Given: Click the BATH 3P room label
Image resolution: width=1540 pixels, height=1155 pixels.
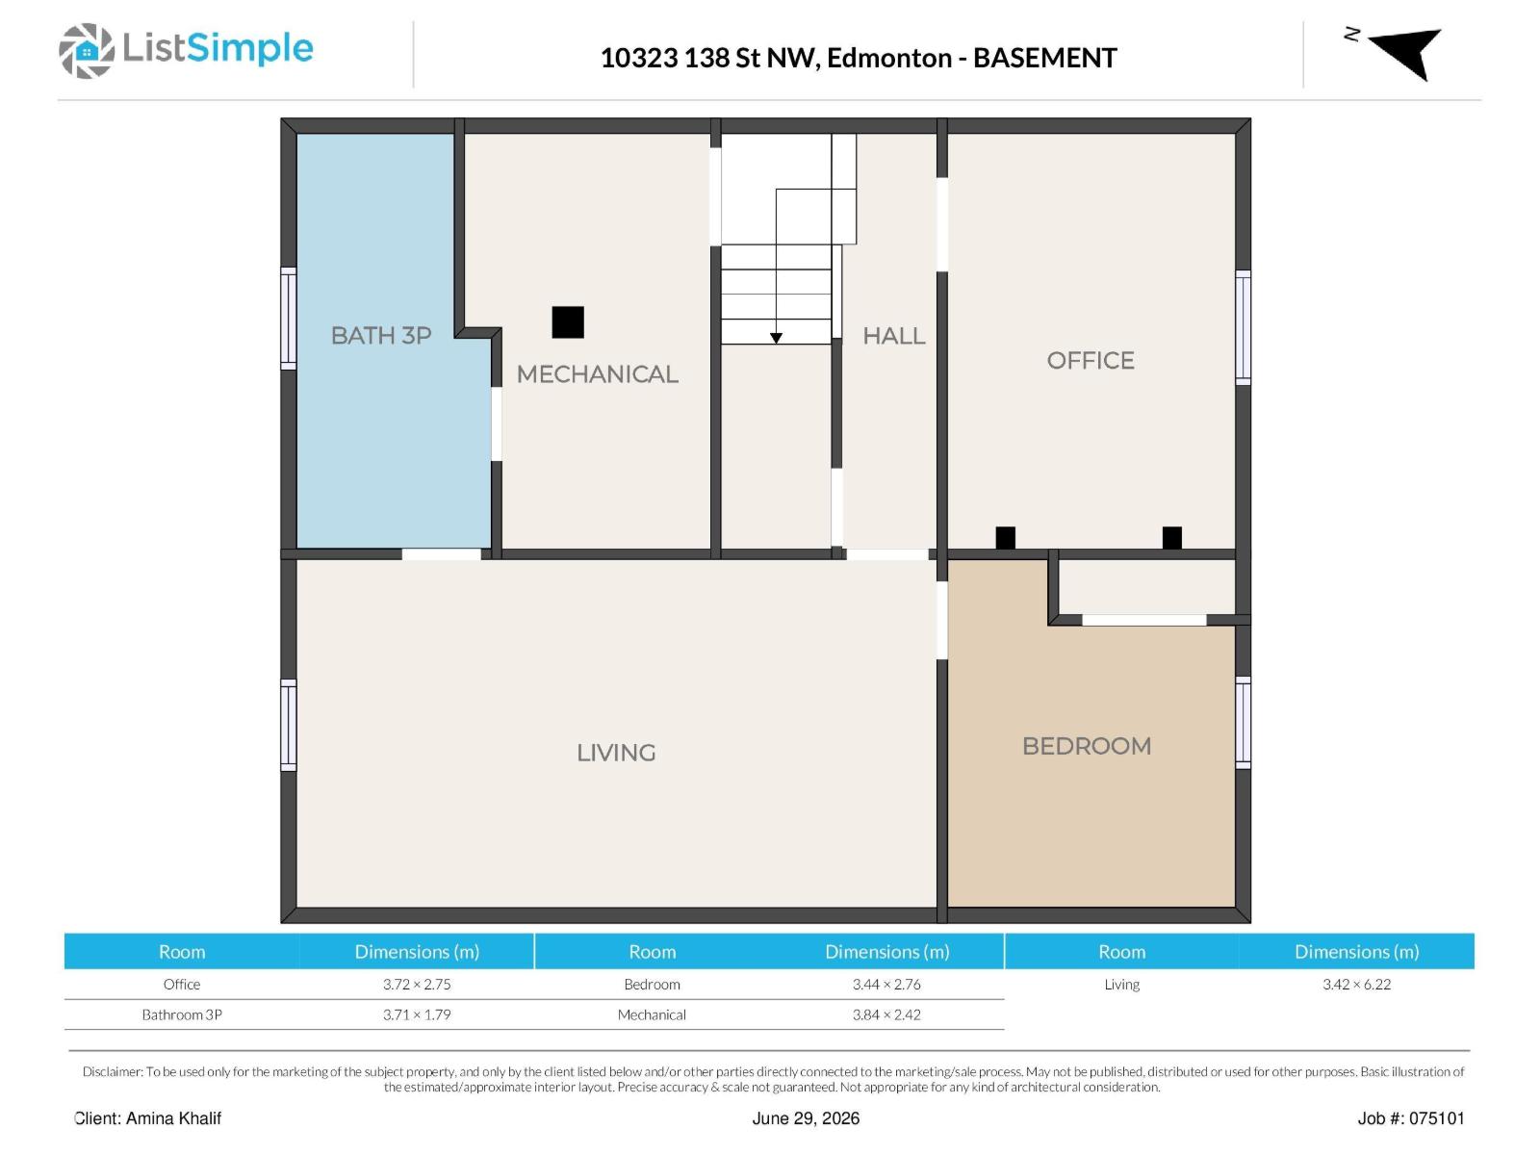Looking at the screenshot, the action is click(x=381, y=335).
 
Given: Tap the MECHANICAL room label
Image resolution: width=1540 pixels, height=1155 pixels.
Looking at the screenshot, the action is click(x=597, y=373).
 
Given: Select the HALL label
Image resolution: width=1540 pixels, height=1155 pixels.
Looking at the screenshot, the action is click(x=893, y=336).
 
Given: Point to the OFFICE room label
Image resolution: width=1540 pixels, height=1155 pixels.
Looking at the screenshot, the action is click(x=1091, y=360).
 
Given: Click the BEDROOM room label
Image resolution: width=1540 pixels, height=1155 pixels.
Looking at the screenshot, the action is click(x=1087, y=745).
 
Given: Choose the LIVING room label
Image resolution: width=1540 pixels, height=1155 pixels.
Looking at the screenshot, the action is click(x=616, y=753).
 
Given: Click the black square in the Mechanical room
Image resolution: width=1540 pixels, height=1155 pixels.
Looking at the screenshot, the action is click(x=568, y=321).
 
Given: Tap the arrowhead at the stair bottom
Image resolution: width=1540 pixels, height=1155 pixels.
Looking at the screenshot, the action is click(x=775, y=338).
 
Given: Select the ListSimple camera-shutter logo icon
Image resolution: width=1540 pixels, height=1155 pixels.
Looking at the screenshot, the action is click(x=87, y=50).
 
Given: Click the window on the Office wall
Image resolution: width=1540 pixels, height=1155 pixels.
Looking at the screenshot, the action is click(x=1243, y=327).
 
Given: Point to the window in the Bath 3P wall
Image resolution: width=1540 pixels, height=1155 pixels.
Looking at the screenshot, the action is click(x=289, y=318).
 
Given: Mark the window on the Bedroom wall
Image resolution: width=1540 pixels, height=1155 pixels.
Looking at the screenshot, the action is click(x=1243, y=722).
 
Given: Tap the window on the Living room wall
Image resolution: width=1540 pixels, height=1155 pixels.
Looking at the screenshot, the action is click(x=289, y=725).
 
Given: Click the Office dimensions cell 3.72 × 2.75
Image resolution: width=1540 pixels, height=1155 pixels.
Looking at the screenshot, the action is click(x=417, y=984).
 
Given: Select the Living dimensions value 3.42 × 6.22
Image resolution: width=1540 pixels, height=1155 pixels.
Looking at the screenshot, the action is click(x=1356, y=984).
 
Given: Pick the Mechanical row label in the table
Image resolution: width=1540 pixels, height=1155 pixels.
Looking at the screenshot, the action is click(x=652, y=1014).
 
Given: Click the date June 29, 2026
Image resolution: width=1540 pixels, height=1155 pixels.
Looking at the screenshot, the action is click(x=806, y=1117).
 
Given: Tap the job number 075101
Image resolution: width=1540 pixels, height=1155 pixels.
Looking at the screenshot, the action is click(x=1437, y=1117).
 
